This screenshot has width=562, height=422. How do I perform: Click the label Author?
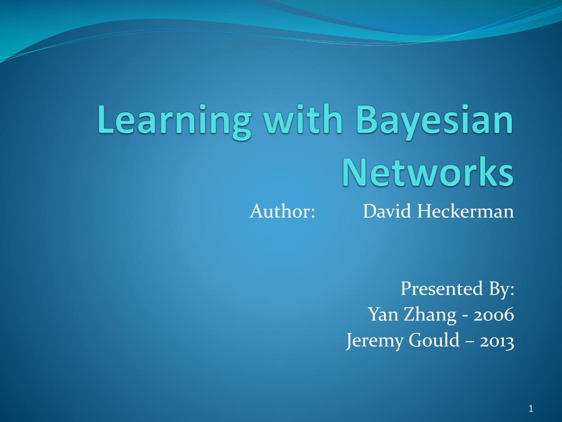click(x=282, y=211)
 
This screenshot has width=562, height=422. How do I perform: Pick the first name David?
click(x=387, y=211)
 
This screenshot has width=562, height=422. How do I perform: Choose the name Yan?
click(x=382, y=315)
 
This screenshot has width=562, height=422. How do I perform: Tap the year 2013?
click(x=497, y=341)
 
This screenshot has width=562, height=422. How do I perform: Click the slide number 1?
click(x=531, y=408)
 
